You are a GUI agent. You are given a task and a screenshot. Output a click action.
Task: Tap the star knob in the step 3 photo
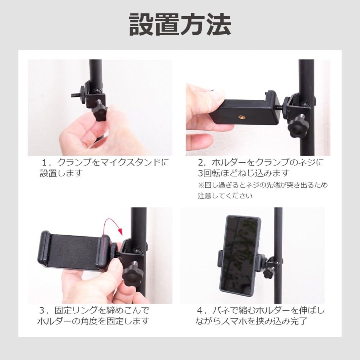[x=132, y=274]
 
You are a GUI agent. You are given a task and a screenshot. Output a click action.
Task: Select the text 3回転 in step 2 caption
[x=209, y=173]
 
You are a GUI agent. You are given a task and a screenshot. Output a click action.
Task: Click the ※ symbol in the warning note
[x=201, y=185]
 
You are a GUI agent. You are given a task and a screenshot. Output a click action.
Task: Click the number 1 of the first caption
[x=44, y=163]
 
